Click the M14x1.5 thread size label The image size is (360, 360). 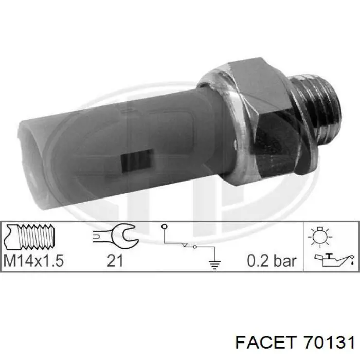(x=33, y=261)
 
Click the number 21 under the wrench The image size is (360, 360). (x=115, y=261)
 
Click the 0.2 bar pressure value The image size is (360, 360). (x=272, y=261)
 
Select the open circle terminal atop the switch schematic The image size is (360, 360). (x=164, y=227)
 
